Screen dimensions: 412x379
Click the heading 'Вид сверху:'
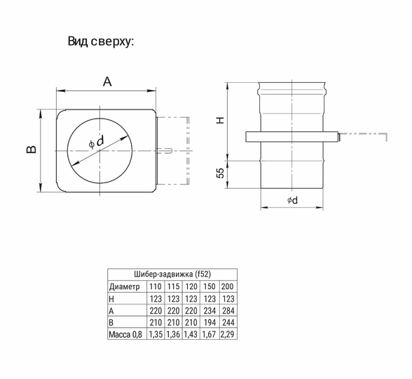[x=101, y=41]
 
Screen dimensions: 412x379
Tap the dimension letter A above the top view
[x=107, y=81]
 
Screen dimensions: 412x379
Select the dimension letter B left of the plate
[x=32, y=149]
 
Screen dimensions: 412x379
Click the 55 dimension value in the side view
[x=221, y=173]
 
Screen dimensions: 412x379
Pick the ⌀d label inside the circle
[x=97, y=142]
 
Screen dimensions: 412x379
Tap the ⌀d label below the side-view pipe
[x=292, y=200]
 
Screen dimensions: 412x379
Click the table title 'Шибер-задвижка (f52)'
[x=172, y=274]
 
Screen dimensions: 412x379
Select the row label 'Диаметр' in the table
[x=124, y=286]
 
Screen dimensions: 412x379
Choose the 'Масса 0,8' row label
[x=125, y=335]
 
